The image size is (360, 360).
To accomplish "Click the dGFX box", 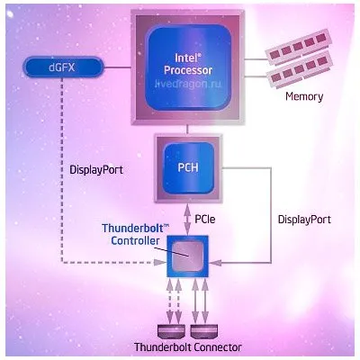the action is coord(63,67).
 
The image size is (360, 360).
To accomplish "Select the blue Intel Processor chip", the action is coord(188,67).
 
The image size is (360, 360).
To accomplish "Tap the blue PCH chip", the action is coord(188,167).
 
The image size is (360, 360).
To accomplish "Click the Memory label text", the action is coord(304,96).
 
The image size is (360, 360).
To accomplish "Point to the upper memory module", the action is coord(298,47).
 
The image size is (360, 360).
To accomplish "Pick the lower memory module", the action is coord(299,70).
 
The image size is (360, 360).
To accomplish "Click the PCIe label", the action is coord(205,219).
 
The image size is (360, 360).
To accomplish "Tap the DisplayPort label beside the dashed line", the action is coord(96,170).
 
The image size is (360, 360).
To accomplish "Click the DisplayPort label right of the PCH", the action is coord(304,220).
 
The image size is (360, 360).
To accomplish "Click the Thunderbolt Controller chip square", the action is coord(188,256).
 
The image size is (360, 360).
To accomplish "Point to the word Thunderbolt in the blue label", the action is coord(132,229).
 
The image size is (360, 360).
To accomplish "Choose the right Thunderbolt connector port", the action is coord(204,331).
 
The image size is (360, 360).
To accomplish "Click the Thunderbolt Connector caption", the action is coord(188,347).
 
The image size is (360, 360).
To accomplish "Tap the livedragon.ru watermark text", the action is coord(188,84).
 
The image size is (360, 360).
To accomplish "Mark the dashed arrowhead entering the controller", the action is coord(160,262).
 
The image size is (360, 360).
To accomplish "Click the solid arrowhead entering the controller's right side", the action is coord(215,263).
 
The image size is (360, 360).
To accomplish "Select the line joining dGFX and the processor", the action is coord(117,67).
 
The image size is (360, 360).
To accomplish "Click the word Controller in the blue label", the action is coord(135,241).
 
